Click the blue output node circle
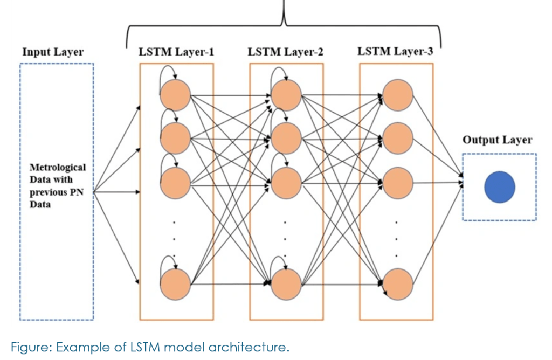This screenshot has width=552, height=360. pos(500,186)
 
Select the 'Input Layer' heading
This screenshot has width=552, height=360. pos(53,52)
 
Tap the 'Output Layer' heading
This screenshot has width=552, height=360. pos(498,140)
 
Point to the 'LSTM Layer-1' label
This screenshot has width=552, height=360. pos(176,52)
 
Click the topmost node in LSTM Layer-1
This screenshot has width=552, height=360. pos(176,96)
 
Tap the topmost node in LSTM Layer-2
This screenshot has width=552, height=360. pos(286,96)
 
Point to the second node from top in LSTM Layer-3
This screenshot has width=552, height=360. pos(397,138)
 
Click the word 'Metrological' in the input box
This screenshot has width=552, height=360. pos(57,168)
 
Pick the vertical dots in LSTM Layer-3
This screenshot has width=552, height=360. pos(397,237)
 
